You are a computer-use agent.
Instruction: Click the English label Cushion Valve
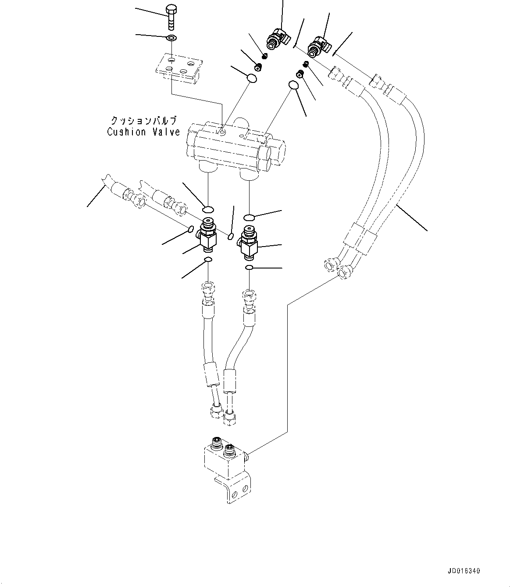pos(144,132)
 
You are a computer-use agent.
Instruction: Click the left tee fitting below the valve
pos(208,235)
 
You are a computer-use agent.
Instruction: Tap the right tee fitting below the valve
pos(249,243)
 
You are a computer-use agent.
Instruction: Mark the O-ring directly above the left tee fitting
pos(209,208)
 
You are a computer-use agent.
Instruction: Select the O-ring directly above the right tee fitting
pos(249,217)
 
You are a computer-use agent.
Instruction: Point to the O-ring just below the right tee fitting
pos(249,268)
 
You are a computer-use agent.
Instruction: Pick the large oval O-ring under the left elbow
pos(251,79)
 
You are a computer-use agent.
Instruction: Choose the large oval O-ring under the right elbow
pos(293,85)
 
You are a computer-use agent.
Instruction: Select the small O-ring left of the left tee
pos(191,229)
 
